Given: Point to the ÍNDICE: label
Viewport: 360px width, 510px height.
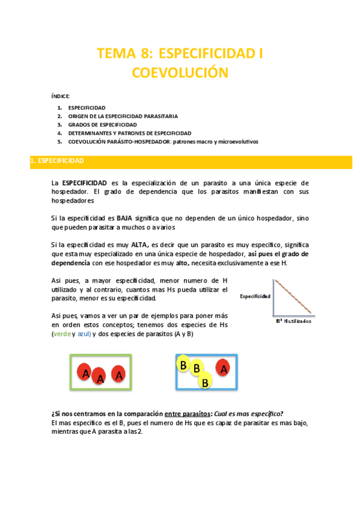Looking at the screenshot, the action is pos(60,96).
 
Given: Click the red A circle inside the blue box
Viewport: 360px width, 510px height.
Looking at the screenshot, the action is pos(223,367).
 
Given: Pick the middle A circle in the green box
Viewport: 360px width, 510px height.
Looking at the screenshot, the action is pos(101,378).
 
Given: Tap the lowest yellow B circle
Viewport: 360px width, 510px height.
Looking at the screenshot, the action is pos(205,381).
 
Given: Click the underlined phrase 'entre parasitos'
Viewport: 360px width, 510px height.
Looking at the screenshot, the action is pos(185,413).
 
